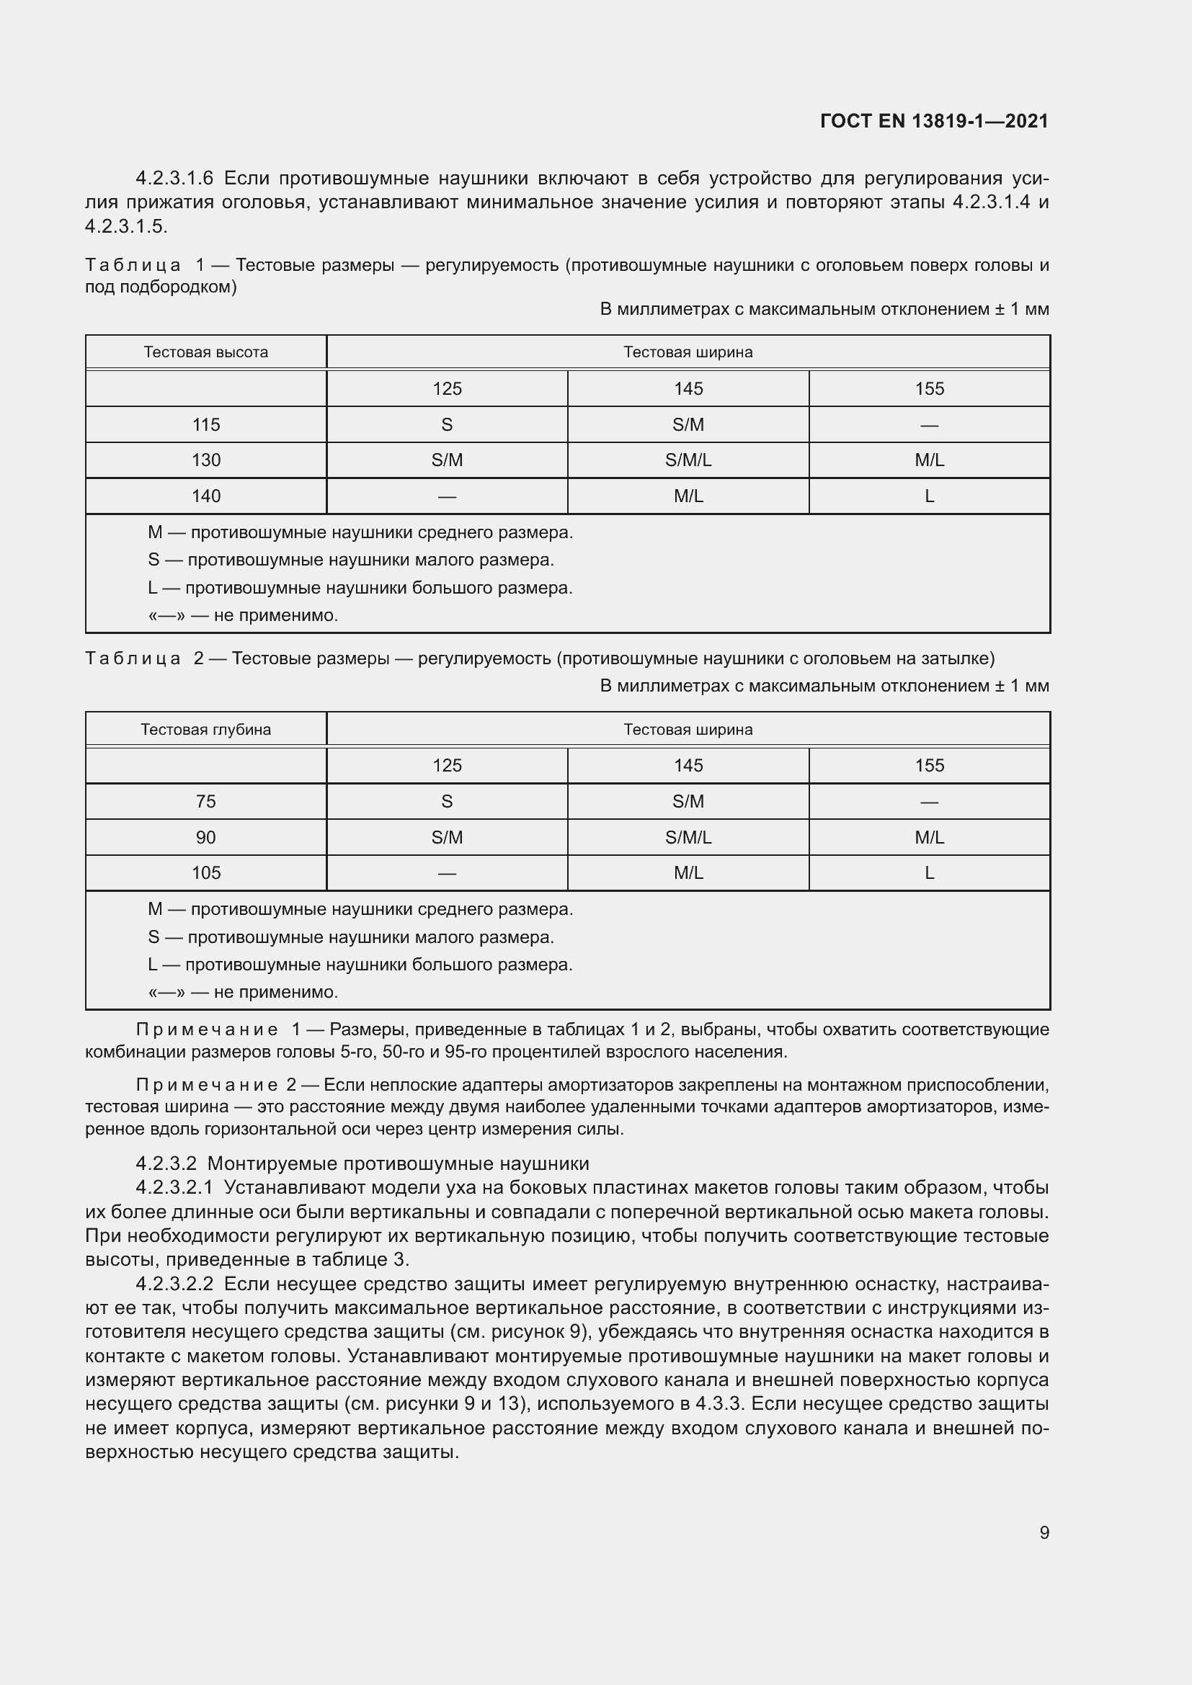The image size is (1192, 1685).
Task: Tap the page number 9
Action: pyautogui.click(x=1044, y=1532)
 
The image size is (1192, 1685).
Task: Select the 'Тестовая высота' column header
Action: pyautogui.click(x=205, y=352)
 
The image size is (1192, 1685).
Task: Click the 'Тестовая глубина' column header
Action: pyautogui.click(x=205, y=730)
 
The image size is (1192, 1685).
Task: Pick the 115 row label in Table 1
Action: pyautogui.click(x=205, y=425)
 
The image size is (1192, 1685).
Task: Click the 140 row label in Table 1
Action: pyautogui.click(x=205, y=496)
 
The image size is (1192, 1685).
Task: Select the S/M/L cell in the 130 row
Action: pyautogui.click(x=688, y=460)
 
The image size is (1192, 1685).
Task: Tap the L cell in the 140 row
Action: pyautogui.click(x=929, y=496)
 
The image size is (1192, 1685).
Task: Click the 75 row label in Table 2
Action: pyautogui.click(x=205, y=801)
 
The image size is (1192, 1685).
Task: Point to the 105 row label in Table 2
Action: pyautogui.click(x=205, y=872)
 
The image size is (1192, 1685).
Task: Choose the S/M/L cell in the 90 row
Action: pyautogui.click(x=688, y=837)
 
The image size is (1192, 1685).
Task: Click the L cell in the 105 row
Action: pyautogui.click(x=929, y=872)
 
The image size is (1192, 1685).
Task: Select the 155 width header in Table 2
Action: pyautogui.click(x=929, y=766)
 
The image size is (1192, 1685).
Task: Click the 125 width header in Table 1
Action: pyautogui.click(x=447, y=389)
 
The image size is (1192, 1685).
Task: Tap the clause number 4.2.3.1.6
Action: pyautogui.click(x=174, y=179)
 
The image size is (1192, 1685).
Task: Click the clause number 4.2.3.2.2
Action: pyautogui.click(x=174, y=1284)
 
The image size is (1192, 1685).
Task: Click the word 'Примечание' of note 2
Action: pyautogui.click(x=206, y=1085)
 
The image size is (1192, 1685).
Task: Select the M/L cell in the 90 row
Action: pyautogui.click(x=929, y=837)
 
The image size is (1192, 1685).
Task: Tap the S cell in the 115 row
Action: pyautogui.click(x=447, y=425)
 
